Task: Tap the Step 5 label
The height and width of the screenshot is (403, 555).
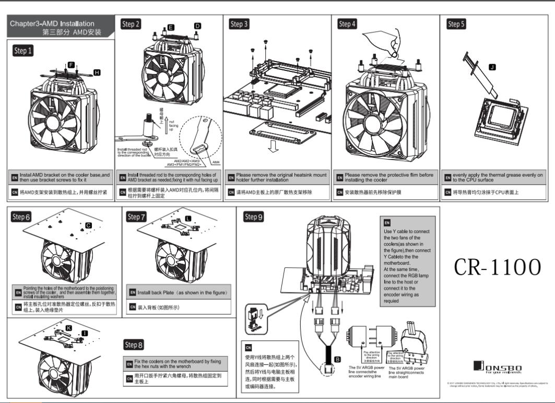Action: point(456,24)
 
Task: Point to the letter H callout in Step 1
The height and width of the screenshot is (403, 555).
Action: point(97,71)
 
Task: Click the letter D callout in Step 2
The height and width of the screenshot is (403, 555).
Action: point(197,26)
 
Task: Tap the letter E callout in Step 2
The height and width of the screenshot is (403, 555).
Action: point(171,26)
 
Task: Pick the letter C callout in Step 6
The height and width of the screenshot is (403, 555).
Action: point(88,225)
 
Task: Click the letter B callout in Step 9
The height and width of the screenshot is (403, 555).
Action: point(337,359)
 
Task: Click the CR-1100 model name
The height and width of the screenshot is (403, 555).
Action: point(496,267)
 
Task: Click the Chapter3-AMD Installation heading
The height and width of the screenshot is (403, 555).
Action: point(52,23)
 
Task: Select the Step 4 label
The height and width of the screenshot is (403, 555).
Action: point(348,24)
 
